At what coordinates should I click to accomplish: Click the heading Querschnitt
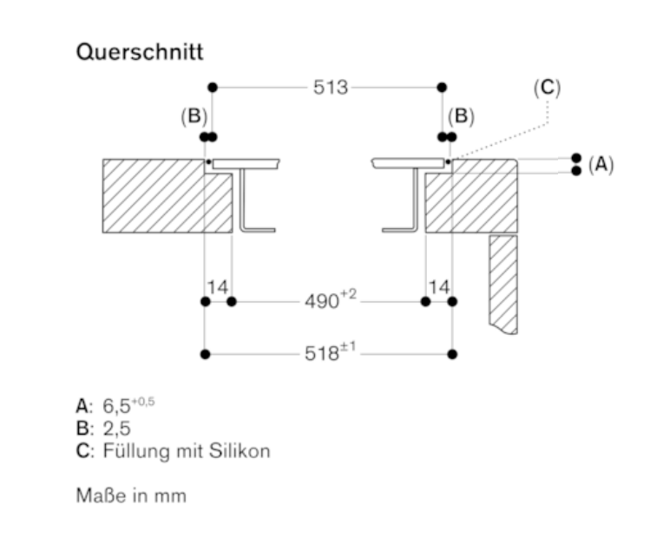[140, 52]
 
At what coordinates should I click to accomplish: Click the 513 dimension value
[331, 88]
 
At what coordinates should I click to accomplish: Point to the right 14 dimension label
[440, 287]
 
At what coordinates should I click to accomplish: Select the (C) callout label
[548, 88]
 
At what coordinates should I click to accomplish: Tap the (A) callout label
[600, 164]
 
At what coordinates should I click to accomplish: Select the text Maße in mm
[130, 496]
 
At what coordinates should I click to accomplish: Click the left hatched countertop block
[156, 196]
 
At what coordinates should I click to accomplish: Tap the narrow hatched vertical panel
[503, 278]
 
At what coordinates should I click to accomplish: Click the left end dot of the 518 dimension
[205, 354]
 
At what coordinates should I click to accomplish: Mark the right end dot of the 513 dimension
[442, 88]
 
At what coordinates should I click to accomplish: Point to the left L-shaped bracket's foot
[260, 229]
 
